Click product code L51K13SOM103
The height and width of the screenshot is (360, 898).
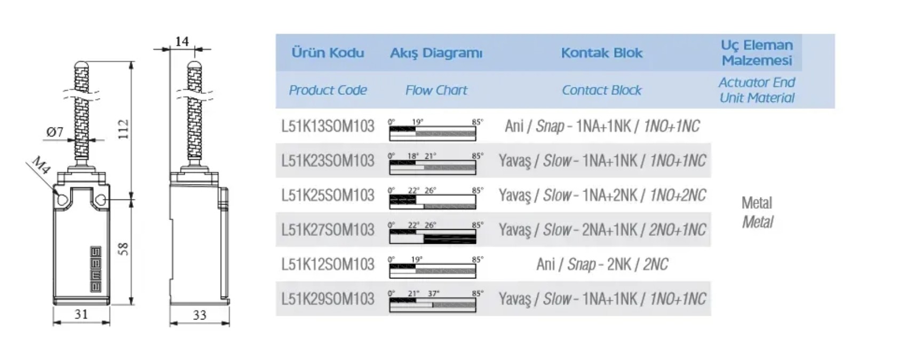click(328, 126)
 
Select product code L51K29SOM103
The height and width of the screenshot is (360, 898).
click(328, 299)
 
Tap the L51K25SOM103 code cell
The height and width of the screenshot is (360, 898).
click(328, 195)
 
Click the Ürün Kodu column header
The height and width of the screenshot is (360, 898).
click(328, 53)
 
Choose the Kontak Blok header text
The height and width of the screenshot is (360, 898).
click(601, 53)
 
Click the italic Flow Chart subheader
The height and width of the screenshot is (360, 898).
click(436, 90)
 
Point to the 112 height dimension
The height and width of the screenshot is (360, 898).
click(123, 129)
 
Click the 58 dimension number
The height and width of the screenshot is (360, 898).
click(123, 249)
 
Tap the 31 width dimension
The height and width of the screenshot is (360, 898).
click(81, 314)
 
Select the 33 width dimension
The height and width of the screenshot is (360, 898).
click(199, 315)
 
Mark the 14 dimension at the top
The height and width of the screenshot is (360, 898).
click(182, 41)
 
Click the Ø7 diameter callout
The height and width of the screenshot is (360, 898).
click(55, 132)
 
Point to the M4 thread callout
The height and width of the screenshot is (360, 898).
click(41, 165)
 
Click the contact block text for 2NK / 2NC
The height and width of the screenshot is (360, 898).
click(602, 264)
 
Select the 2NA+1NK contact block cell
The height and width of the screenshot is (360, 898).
click(602, 230)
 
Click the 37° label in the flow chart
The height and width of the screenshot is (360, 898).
click(433, 293)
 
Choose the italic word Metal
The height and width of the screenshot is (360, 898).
click(757, 222)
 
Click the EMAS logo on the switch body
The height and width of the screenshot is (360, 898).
click(96, 269)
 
